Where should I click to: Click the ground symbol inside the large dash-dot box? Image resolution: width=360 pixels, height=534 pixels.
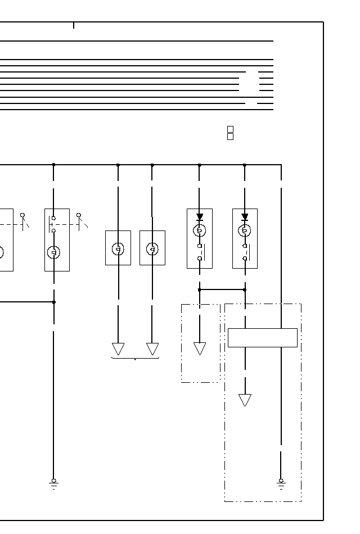[281, 482]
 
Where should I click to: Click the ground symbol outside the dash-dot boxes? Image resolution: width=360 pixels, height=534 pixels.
[53, 482]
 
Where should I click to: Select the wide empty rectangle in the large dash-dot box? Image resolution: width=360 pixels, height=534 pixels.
[262, 338]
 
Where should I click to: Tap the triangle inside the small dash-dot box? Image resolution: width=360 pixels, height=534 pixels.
[200, 348]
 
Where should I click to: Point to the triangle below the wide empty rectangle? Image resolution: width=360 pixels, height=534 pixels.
[245, 400]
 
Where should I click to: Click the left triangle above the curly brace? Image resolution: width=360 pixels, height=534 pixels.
[118, 349]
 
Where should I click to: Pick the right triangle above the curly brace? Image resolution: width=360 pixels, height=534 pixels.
[152, 349]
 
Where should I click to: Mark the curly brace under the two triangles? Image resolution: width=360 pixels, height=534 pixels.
[136, 358]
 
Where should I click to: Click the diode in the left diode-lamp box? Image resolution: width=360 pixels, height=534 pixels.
[200, 217]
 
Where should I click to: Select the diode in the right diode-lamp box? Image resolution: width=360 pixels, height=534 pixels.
[245, 217]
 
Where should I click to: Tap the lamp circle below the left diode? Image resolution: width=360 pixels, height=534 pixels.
[199, 230]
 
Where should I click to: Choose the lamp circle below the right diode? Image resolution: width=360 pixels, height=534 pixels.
[245, 230]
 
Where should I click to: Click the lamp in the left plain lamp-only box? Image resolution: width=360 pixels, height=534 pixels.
[118, 248]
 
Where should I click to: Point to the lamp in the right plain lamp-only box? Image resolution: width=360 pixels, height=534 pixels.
[152, 248]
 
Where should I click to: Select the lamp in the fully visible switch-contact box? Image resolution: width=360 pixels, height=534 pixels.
[54, 252]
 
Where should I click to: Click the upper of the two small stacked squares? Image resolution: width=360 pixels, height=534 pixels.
[230, 129]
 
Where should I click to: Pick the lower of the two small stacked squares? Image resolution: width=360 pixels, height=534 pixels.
[230, 137]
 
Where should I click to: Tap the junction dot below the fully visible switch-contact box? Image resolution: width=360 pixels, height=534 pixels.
[54, 302]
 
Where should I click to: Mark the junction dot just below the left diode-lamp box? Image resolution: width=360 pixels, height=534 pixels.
[199, 289]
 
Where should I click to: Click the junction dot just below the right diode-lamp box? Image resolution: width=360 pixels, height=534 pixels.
[245, 289]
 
